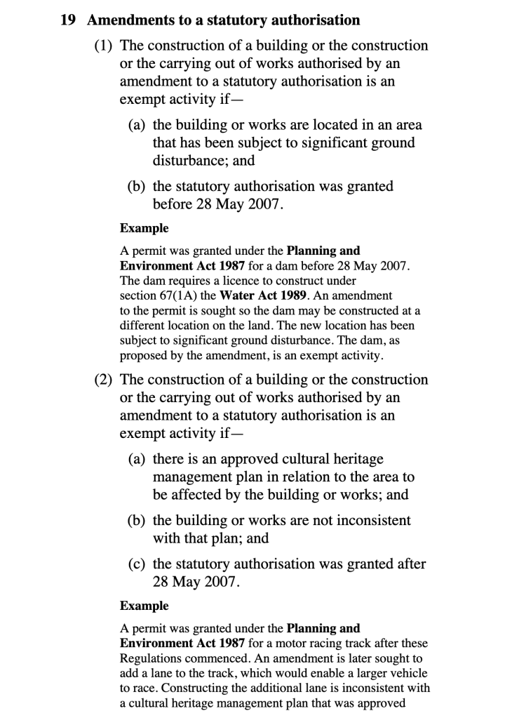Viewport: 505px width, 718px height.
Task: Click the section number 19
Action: pyautogui.click(x=67, y=20)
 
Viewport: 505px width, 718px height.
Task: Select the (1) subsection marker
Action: pyautogui.click(x=105, y=46)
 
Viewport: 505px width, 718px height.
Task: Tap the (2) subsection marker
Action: pyautogui.click(x=105, y=380)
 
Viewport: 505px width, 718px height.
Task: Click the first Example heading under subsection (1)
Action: pyautogui.click(x=144, y=228)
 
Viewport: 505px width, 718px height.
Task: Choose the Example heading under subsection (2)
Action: pyautogui.click(x=144, y=606)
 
